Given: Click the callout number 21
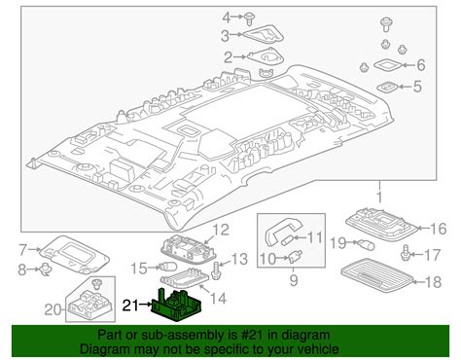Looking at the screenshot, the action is coord(130,306).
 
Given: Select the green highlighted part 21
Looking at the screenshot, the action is coord(177,305).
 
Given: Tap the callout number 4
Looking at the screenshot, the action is coord(227,18).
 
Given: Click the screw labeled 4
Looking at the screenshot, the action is coord(249,18).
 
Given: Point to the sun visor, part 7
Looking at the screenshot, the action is coord(75,254).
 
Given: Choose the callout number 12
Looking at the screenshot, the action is coord(221,230).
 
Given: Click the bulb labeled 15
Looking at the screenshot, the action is coord(167,268).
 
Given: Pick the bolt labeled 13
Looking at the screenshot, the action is coord(216,270).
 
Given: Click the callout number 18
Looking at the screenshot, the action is coord(433,282).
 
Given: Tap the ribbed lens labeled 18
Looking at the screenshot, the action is coord(377,274).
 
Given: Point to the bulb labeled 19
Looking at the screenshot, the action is coord(366,244).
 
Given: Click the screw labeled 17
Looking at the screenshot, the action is coord(406,253).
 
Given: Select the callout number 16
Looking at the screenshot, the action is coord(439,229).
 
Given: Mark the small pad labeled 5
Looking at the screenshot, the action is coord(387,88).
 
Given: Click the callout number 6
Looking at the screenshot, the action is coord(421,65).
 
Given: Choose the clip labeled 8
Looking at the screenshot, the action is coord(44,270).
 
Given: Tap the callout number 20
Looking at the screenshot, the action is coord(53,309).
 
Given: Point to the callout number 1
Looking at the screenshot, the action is coord(379,198).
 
